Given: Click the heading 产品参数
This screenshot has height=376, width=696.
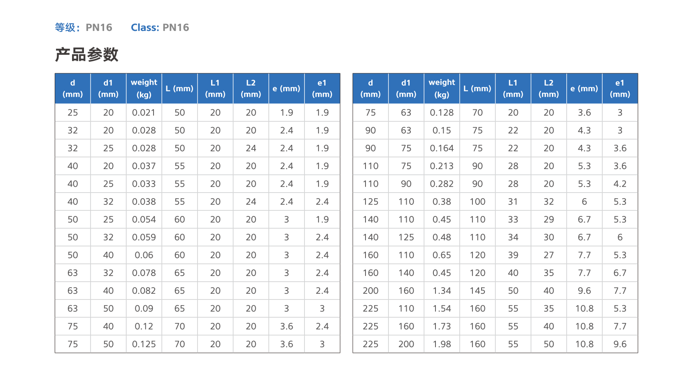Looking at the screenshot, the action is point(87,55).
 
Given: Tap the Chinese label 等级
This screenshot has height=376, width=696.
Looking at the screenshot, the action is point(65,28).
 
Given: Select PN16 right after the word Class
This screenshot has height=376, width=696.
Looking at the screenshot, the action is point(176,28).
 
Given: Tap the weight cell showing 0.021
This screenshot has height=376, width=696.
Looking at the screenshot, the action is point(144,112).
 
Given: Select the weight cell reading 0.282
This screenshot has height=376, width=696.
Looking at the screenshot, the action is point(442,184).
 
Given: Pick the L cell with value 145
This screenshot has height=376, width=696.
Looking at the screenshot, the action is point(477,290).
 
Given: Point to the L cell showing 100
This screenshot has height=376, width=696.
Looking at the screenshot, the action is point(477,202).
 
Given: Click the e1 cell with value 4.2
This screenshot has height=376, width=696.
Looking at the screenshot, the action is point(620,184).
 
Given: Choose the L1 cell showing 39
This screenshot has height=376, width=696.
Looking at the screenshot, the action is point(513,255).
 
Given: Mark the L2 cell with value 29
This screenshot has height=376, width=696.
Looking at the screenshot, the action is point(549,220).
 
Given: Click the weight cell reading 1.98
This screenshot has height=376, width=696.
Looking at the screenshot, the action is point(442,344).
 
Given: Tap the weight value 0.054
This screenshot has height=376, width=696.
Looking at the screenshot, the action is point(144,220).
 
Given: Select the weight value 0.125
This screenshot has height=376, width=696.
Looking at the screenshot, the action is point(144,344).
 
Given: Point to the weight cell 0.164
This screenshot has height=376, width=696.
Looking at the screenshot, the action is point(442,148).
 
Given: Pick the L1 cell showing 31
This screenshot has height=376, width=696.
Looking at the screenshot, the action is point(513,202).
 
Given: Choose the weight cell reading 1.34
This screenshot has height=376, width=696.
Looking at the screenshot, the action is point(442,290).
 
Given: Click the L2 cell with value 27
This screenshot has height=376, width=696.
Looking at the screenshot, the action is point(549,255).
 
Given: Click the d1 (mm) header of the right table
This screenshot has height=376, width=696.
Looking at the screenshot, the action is point(406,88).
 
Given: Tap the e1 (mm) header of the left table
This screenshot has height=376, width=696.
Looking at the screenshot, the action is point(322,88).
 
